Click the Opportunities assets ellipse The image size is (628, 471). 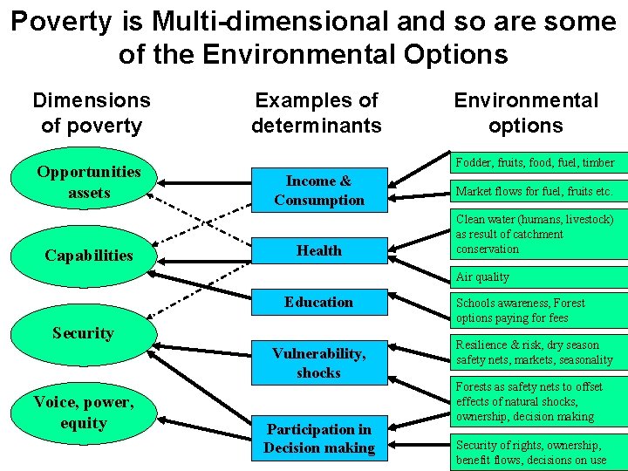(90, 182)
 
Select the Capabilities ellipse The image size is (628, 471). (89, 256)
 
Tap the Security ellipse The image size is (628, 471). (83, 333)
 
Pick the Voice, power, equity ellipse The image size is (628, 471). (84, 413)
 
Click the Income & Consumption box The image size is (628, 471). (319, 191)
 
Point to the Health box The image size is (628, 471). (319, 251)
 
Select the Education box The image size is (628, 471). (319, 303)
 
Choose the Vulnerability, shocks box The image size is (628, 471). (319, 363)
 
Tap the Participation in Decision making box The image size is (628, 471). (319, 439)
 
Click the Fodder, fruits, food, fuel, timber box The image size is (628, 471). (538, 162)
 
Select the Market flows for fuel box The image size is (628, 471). (538, 191)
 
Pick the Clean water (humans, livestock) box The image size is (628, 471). (538, 234)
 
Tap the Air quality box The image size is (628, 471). (538, 276)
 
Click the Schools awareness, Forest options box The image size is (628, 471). (538, 311)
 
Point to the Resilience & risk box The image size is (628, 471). (538, 352)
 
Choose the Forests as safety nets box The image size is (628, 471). (538, 401)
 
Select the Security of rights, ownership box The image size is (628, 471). (538, 452)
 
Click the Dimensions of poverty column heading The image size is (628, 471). (91, 113)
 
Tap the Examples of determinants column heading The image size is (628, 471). (317, 113)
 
